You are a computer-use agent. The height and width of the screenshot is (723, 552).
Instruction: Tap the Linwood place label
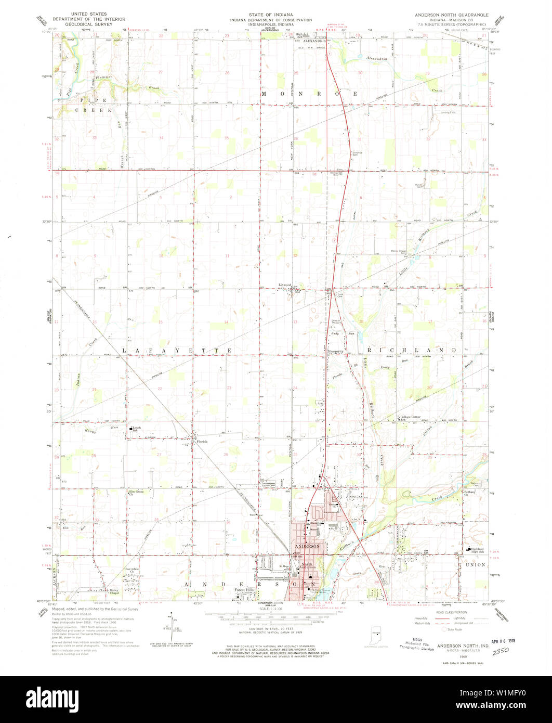coord(284,285)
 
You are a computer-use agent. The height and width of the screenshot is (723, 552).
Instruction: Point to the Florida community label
coord(202,442)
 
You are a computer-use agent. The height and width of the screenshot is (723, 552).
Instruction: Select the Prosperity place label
coord(336,352)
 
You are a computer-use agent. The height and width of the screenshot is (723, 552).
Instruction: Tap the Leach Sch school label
coord(136,429)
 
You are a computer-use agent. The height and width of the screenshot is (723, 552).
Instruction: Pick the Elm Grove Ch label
coord(136,492)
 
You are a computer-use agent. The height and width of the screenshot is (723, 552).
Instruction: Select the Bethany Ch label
coord(470,493)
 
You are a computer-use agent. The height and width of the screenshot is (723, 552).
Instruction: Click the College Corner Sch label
coord(411,418)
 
